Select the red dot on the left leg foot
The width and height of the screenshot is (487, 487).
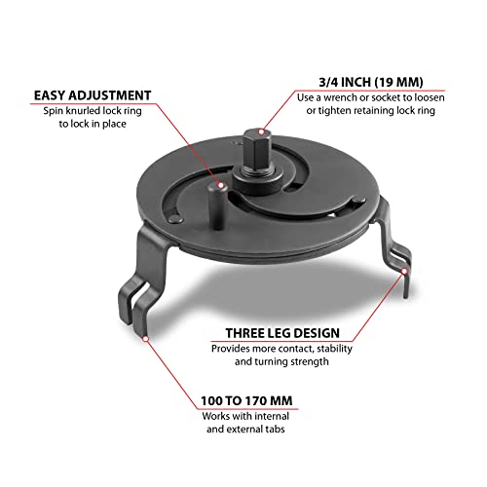coord(145,339)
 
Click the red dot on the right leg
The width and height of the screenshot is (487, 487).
coord(404,281)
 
